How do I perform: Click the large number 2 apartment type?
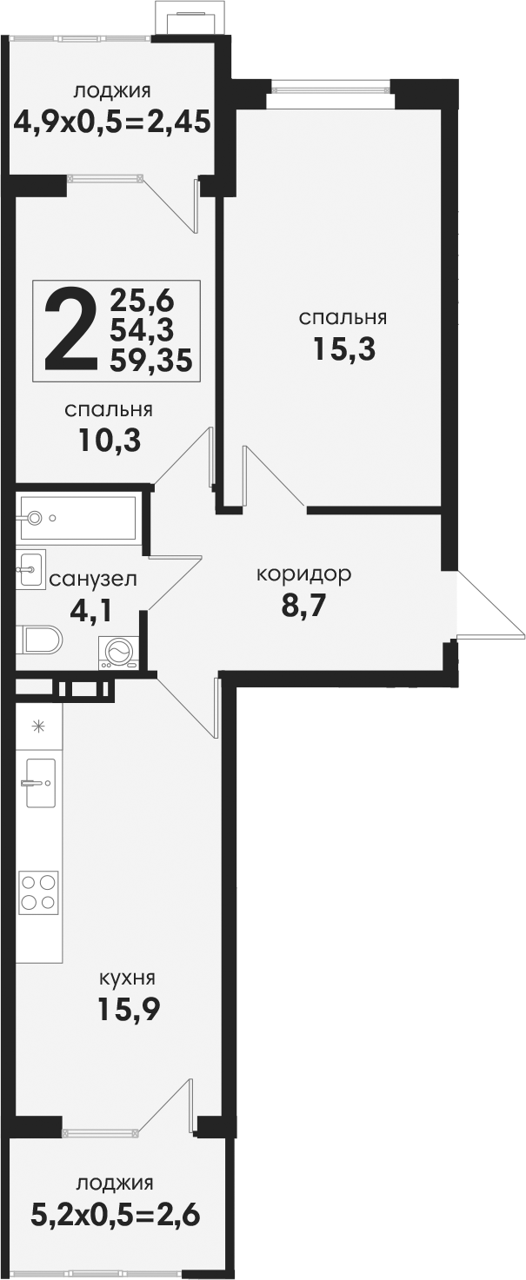[69, 329]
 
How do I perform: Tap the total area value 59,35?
[151, 361]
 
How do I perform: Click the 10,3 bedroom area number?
[110, 441]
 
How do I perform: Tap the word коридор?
[303, 574]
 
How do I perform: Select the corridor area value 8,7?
[303, 606]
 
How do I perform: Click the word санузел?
[94, 579]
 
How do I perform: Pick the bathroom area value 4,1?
[90, 612]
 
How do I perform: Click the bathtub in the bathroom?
[79, 518]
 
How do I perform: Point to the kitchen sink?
[41, 782]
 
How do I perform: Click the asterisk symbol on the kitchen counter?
[38, 726]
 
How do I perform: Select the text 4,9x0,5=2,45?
[113, 122]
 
